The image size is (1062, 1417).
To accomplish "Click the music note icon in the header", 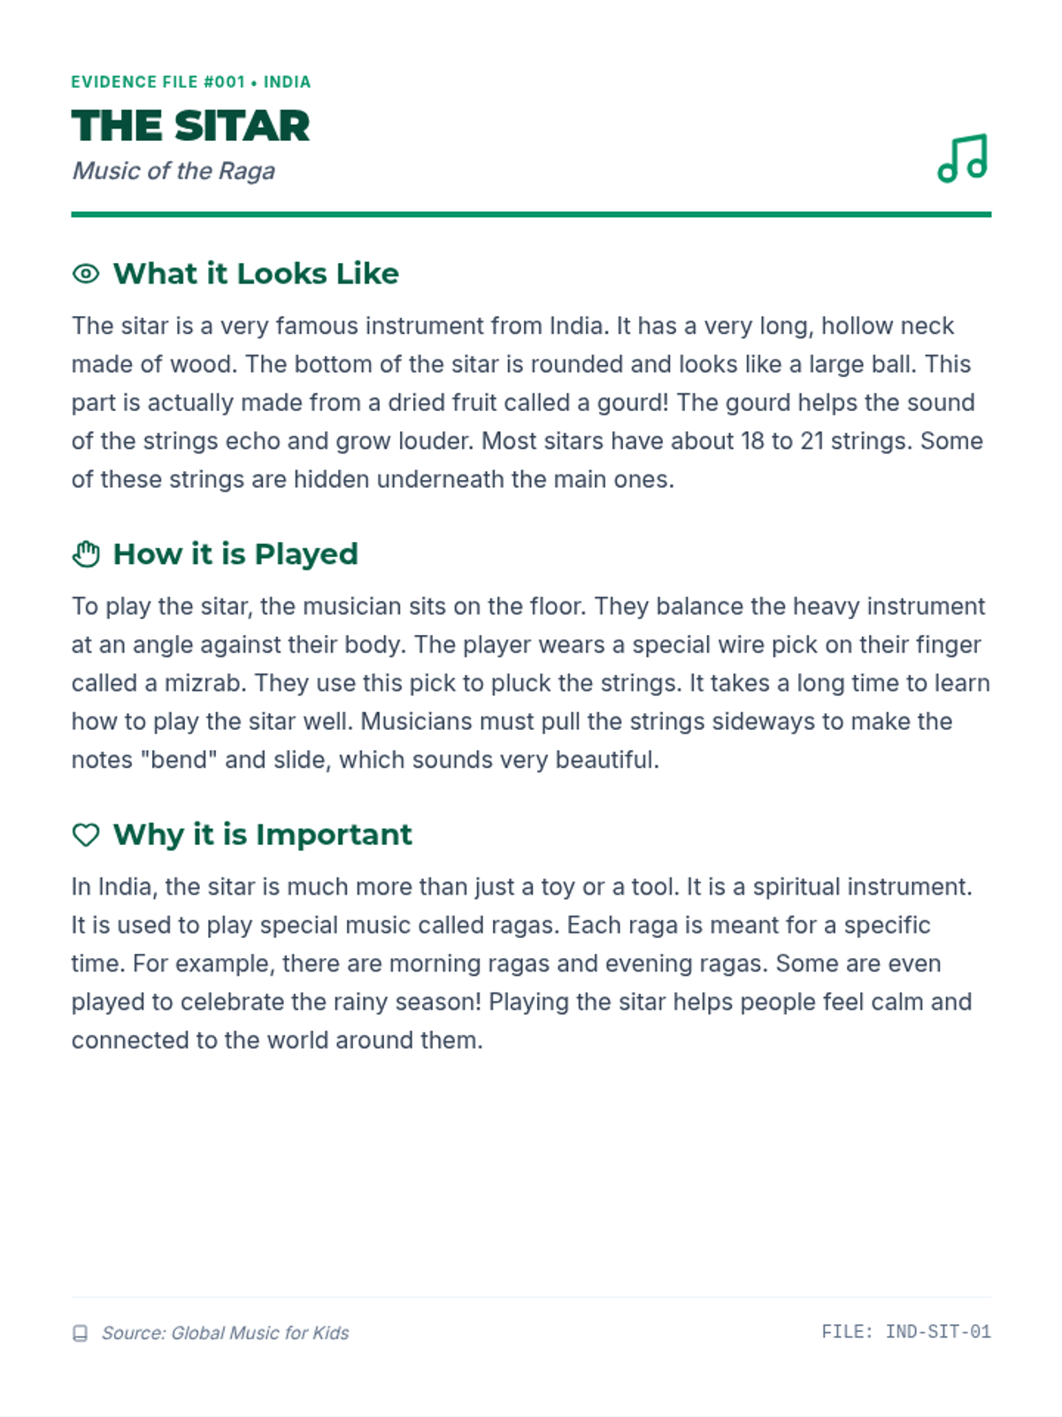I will (x=962, y=159).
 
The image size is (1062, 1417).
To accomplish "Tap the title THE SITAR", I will (x=190, y=126).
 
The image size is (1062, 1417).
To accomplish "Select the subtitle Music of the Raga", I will (x=173, y=171).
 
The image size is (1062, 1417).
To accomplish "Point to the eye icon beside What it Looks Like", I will (x=86, y=274).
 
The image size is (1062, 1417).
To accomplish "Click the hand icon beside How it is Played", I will (x=86, y=554).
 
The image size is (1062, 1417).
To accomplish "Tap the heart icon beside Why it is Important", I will (x=86, y=835).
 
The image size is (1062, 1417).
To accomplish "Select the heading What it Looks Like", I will (x=256, y=274).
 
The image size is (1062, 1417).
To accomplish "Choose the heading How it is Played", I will (x=235, y=554).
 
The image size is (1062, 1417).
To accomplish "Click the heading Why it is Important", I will (x=263, y=835).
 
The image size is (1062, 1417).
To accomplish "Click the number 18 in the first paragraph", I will (x=752, y=441).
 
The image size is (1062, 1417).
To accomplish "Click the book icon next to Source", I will (x=80, y=1334).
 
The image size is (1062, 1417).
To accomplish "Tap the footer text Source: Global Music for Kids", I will (x=225, y=1333).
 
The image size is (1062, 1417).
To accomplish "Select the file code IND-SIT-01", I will (x=938, y=1332).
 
